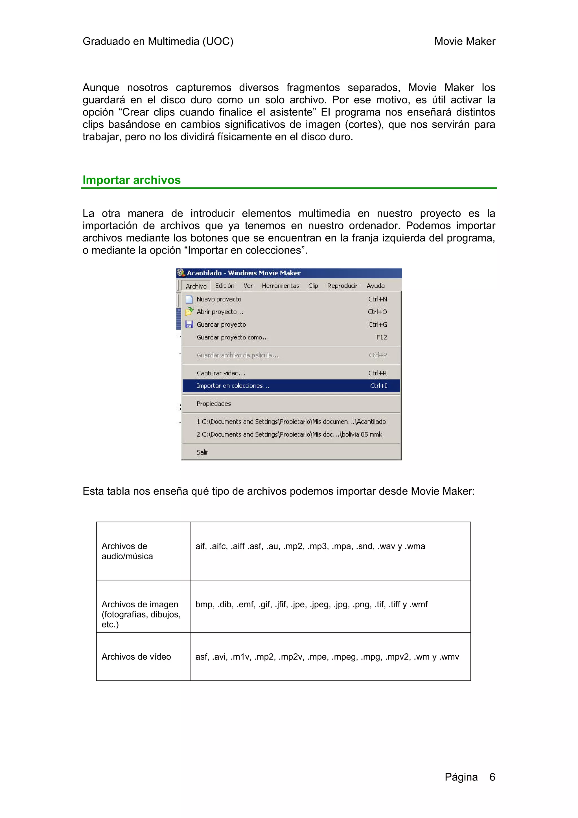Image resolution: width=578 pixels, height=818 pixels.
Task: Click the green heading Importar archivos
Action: point(132,180)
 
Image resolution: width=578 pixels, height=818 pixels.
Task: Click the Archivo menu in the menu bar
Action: point(196,286)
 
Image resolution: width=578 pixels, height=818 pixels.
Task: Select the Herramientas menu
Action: point(280,286)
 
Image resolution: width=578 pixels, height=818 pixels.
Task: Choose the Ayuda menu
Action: point(375,286)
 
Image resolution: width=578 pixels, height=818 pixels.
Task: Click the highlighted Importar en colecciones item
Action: point(233,386)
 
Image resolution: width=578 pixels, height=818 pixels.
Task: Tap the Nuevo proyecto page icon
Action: point(189,299)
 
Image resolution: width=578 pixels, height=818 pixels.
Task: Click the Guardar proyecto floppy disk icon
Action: point(189,324)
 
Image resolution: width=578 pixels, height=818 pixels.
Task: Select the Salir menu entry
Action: point(202,452)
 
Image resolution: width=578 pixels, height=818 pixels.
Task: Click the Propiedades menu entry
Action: point(214,404)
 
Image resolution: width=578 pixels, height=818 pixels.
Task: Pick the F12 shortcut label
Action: point(381,337)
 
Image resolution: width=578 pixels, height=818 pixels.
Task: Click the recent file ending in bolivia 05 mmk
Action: point(289,434)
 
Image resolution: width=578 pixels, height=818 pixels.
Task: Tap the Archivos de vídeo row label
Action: point(136,656)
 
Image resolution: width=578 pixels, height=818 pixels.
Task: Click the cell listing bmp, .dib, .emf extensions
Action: point(311,604)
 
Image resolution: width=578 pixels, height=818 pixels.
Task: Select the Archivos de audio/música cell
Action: point(127,551)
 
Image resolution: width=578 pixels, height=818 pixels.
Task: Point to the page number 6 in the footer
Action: point(492,777)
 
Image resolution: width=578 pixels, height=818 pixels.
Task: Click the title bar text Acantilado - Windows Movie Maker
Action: point(244,273)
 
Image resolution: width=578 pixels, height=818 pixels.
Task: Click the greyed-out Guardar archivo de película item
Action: point(238,355)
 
